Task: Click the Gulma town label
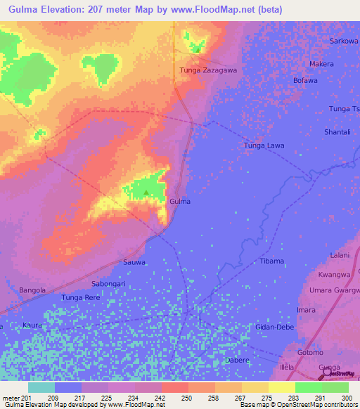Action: (180, 201)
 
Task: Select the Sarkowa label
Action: (345, 41)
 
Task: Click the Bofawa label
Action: (306, 81)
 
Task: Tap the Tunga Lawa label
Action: (264, 145)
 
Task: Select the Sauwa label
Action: (134, 262)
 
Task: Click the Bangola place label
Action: (32, 290)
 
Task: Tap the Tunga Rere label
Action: (82, 298)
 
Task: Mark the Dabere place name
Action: (236, 360)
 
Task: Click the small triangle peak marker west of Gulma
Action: (146, 191)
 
